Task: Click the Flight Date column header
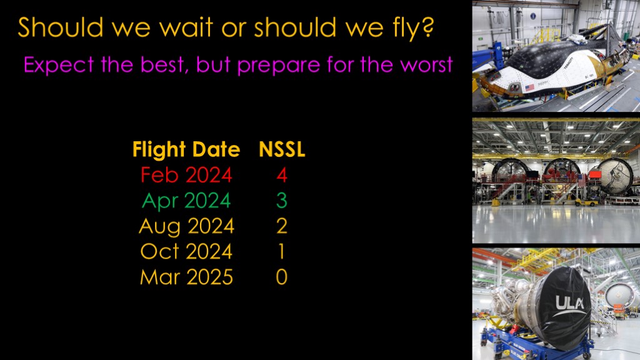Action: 186,149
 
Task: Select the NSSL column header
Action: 282,149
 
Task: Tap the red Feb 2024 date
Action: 186,175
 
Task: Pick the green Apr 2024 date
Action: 186,201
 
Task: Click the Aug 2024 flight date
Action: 186,227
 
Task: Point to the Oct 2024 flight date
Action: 186,251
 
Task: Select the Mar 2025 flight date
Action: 186,277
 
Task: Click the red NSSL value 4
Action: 282,175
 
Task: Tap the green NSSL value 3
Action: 282,201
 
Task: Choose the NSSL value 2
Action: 282,226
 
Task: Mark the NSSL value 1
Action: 282,251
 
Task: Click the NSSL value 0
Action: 282,277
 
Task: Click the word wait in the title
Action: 186,27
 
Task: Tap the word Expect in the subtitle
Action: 59,65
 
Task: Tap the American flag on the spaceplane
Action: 529,87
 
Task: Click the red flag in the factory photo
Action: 595,175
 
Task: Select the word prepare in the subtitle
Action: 279,65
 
